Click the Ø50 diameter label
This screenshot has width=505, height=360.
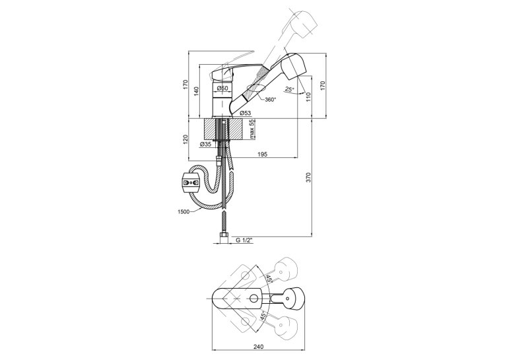(x=222, y=88)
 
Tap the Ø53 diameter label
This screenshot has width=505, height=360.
(x=246, y=113)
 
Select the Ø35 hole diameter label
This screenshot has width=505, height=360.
(x=206, y=145)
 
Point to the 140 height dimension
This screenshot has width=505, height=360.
(x=197, y=92)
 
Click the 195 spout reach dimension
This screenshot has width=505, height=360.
(x=263, y=155)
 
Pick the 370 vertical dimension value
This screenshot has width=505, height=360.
(x=308, y=178)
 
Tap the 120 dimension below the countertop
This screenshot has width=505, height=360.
(x=185, y=139)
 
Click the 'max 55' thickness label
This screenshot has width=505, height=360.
(x=252, y=129)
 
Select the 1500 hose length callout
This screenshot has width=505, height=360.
(x=184, y=211)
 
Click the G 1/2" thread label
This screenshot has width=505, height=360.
(x=244, y=240)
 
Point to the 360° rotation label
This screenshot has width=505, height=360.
(x=271, y=100)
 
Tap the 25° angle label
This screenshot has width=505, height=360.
(x=290, y=89)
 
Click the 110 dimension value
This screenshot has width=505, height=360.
(x=308, y=97)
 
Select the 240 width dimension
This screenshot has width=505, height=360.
(x=258, y=347)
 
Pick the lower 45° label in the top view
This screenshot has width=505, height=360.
(x=263, y=316)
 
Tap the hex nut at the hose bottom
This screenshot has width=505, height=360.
(x=224, y=238)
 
